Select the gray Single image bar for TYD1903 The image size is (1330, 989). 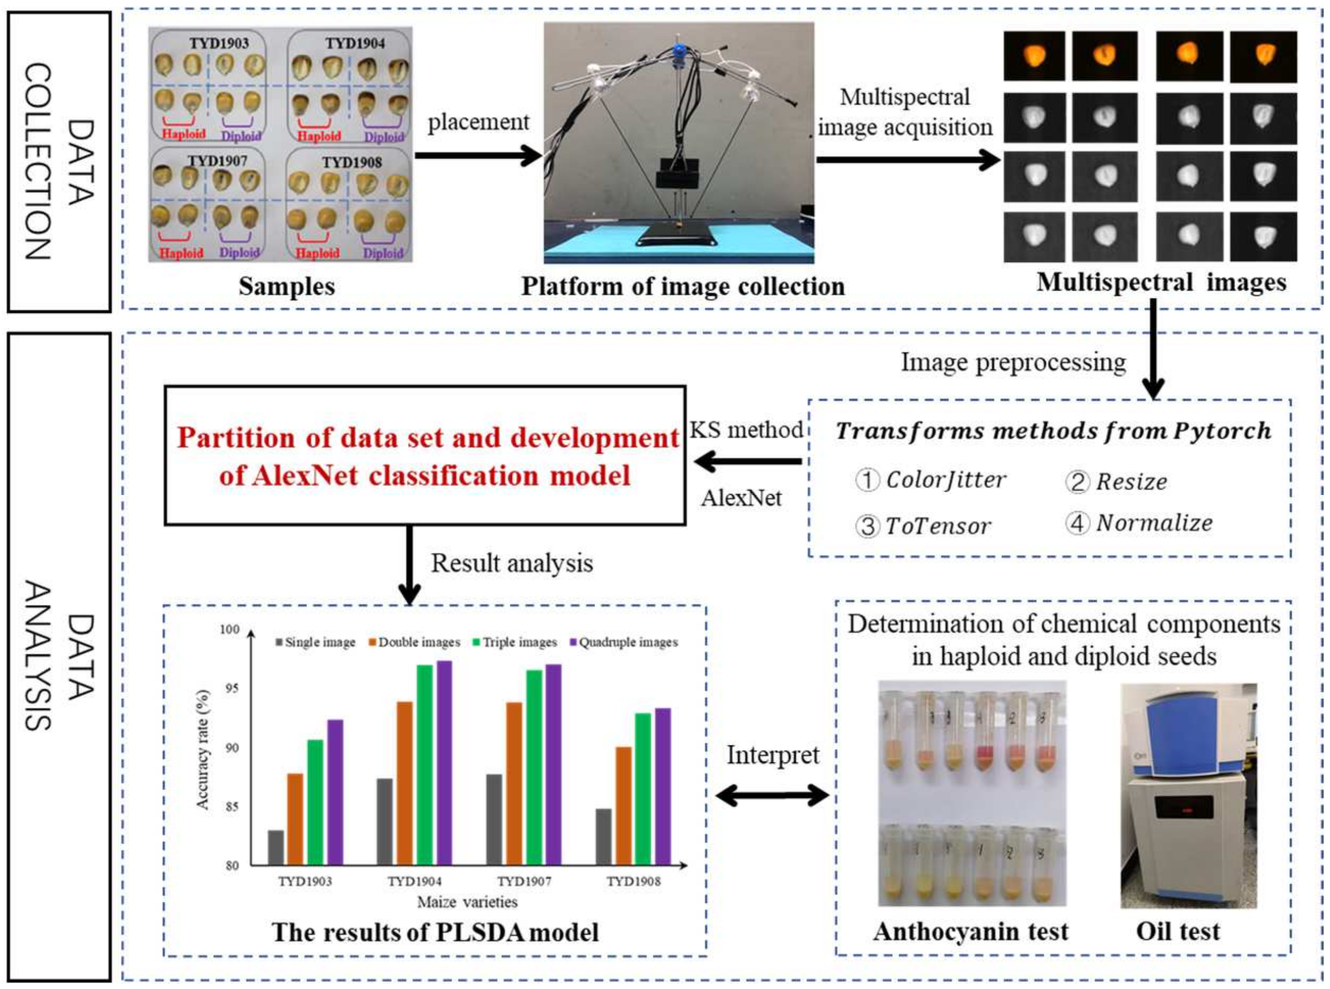coord(276,847)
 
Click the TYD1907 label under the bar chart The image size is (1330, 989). coord(524,881)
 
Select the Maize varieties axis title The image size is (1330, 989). coord(467,902)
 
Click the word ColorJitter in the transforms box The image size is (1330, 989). coord(945,480)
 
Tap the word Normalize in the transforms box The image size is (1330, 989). coord(1154,523)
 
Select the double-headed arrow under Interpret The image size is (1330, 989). coord(772,796)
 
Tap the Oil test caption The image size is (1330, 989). coord(1178,931)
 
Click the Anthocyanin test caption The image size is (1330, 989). coord(970,931)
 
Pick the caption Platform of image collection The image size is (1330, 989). coord(683,286)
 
